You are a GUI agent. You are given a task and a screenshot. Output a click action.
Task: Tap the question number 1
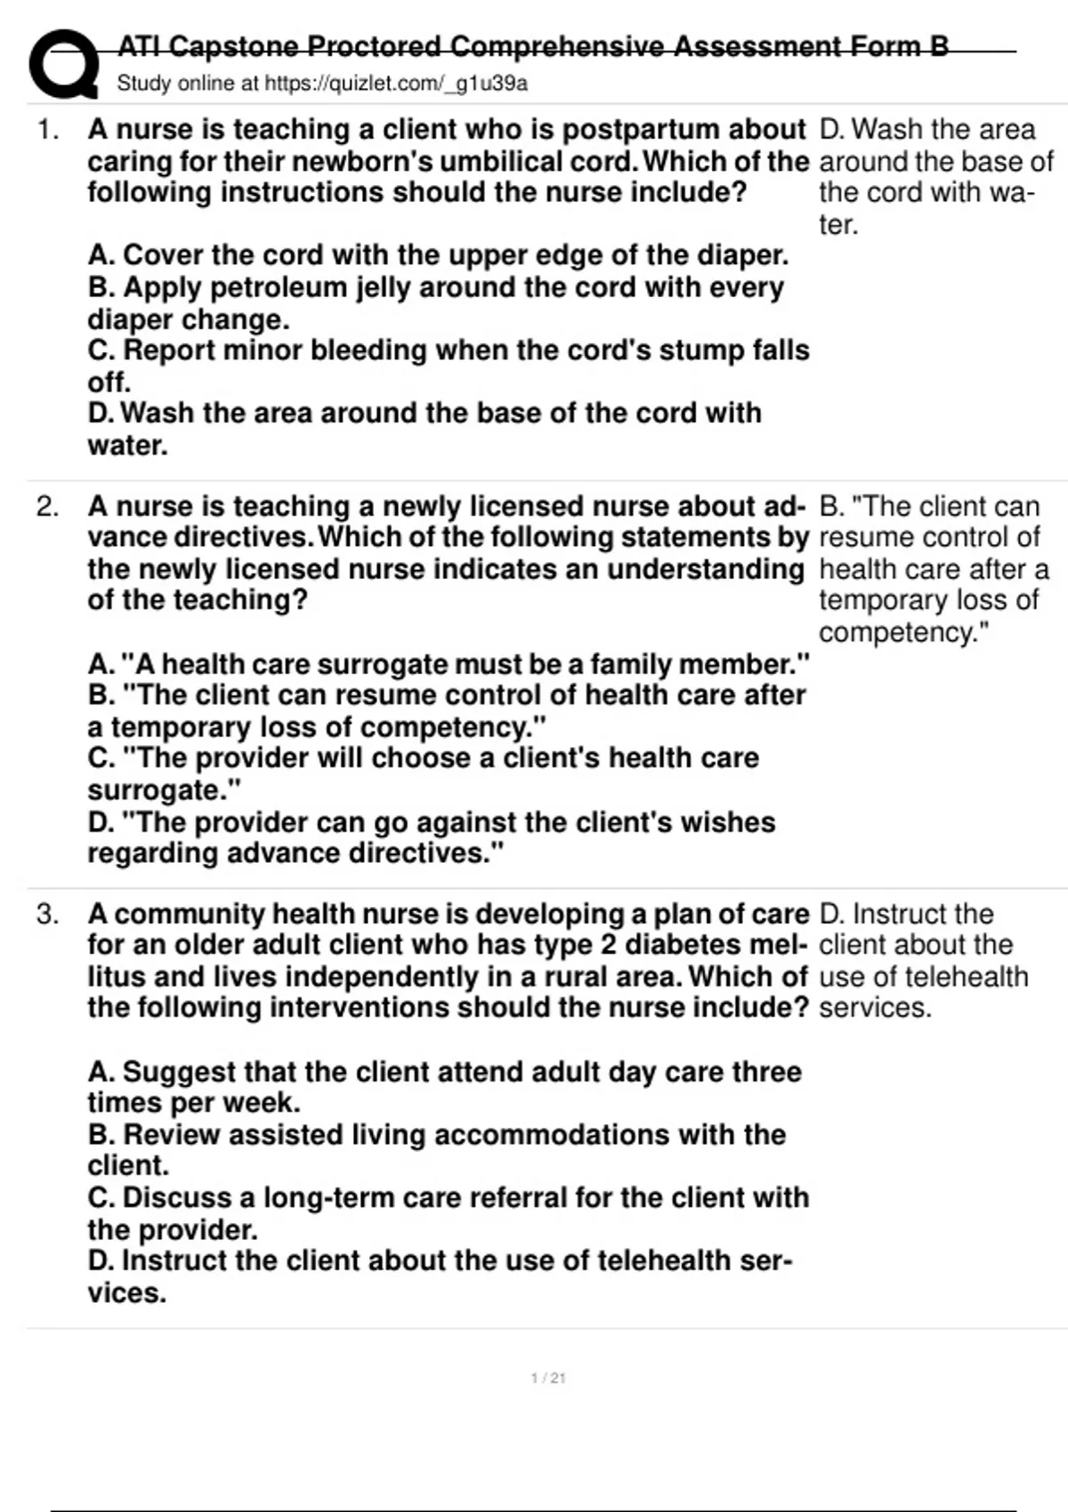coord(48,130)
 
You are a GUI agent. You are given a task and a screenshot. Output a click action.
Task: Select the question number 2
coord(48,507)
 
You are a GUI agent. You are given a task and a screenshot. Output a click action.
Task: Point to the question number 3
coord(48,914)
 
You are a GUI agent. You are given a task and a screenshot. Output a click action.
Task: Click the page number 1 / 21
coord(548,1378)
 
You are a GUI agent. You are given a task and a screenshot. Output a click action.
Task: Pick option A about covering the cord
coord(438,255)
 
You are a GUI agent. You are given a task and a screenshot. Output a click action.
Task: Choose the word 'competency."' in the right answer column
coord(903,632)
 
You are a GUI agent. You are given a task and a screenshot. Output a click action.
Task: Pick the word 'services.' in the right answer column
coord(875,1008)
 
